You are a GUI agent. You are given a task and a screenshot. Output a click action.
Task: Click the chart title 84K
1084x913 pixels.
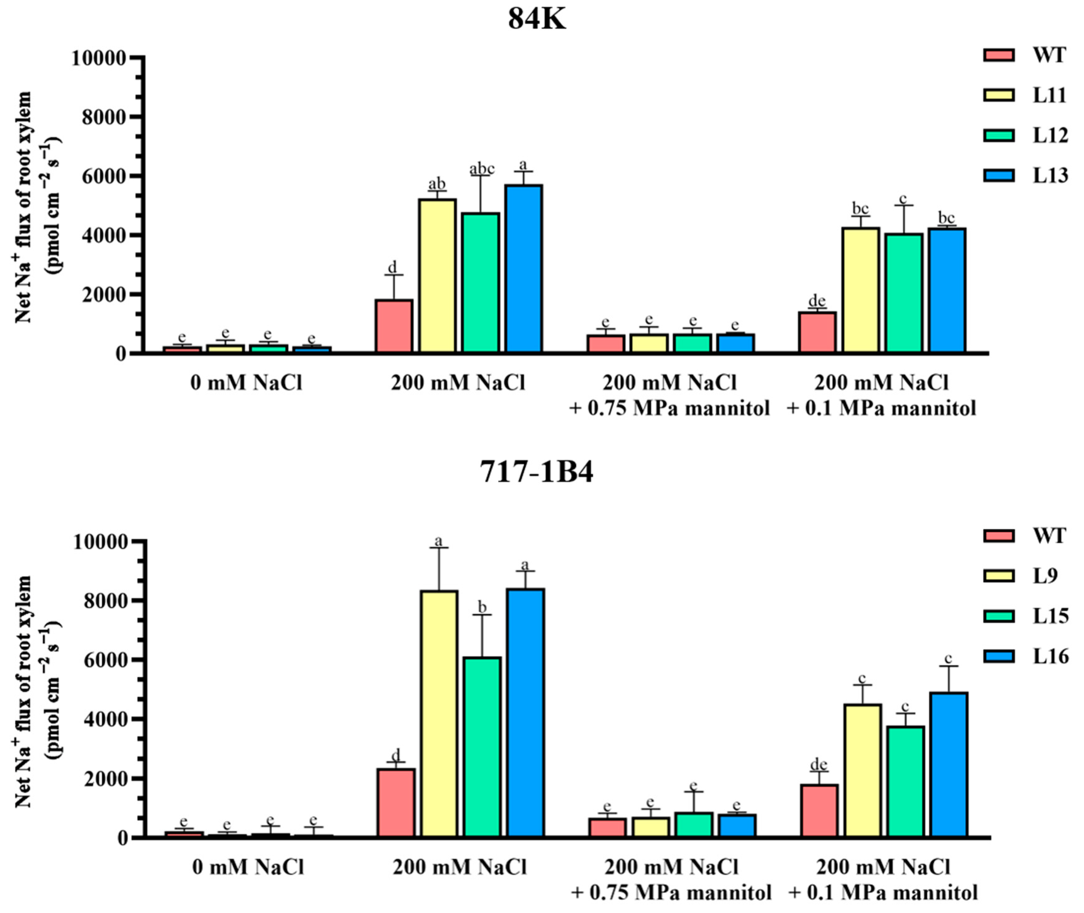pyautogui.click(x=537, y=20)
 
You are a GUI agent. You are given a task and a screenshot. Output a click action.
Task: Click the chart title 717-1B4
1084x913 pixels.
pyautogui.click(x=537, y=472)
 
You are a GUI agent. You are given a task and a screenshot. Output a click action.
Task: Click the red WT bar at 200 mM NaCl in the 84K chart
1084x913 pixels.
pyautogui.click(x=394, y=326)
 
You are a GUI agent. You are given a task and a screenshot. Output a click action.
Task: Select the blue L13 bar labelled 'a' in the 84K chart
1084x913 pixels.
pyautogui.click(x=524, y=269)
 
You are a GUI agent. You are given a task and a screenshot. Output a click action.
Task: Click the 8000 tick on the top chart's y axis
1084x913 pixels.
pyautogui.click(x=105, y=118)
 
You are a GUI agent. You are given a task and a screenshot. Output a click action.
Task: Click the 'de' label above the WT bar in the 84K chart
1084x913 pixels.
pyautogui.click(x=817, y=301)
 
